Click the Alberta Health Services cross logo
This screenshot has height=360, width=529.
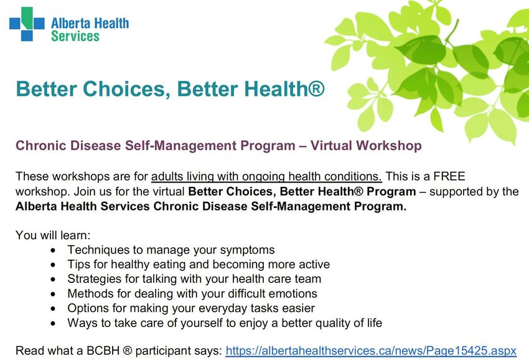[27, 24]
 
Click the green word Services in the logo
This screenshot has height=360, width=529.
[75, 36]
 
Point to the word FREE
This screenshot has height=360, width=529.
[449, 176]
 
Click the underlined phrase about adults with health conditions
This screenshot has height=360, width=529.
[266, 177]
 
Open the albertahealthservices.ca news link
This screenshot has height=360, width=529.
[371, 351]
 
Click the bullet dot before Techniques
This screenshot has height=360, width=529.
[53, 250]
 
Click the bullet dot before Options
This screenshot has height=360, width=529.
[53, 309]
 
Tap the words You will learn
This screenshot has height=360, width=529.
[53, 235]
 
